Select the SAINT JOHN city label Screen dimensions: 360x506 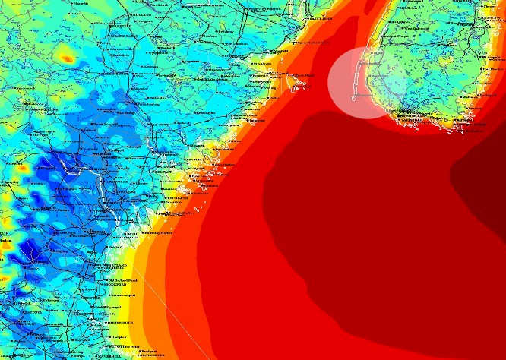click(321, 18)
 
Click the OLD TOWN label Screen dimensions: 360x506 click(159, 125)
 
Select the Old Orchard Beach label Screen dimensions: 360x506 click(122, 280)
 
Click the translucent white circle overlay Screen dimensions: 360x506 click(363, 83)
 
